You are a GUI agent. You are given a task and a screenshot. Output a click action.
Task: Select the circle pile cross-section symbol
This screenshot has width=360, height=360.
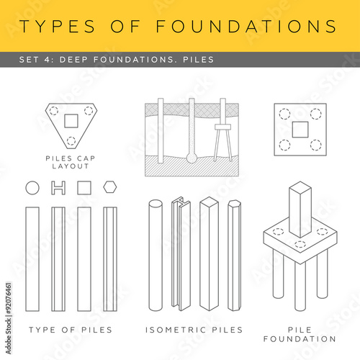click(x=32, y=187)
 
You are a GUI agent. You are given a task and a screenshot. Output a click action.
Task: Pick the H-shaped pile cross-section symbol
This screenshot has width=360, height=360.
click(x=59, y=187)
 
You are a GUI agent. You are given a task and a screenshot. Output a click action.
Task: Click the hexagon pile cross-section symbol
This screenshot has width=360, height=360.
click(x=110, y=187)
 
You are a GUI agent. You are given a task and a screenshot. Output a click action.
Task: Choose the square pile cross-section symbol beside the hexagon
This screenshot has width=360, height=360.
click(x=84, y=187)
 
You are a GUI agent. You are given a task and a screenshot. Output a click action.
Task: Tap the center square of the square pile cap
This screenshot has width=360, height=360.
click(x=300, y=129)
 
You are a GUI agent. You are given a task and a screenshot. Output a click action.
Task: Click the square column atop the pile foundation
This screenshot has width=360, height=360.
click(x=300, y=209)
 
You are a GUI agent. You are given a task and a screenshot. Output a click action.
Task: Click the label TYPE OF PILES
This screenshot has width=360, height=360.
click(x=70, y=330)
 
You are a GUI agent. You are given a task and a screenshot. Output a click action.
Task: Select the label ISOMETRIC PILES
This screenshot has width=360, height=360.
click(x=194, y=330)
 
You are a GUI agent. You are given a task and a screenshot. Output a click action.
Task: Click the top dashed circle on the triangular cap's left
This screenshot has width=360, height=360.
click(x=53, y=110)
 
